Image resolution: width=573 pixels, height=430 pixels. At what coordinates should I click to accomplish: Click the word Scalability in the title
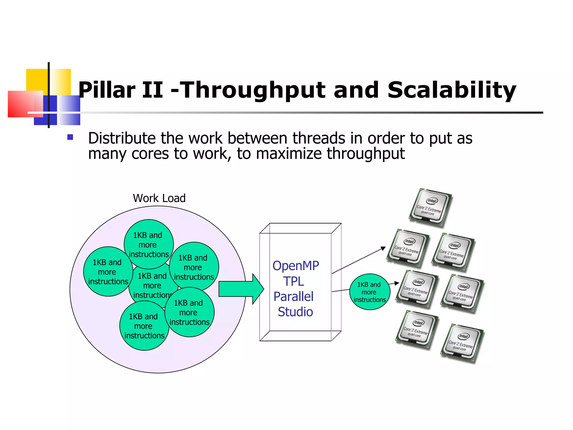click(451, 90)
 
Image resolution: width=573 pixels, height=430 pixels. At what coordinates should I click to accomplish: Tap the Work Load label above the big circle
click(159, 198)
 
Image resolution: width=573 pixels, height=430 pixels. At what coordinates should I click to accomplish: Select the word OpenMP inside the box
click(296, 266)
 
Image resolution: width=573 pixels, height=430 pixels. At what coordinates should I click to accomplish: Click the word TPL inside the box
click(293, 281)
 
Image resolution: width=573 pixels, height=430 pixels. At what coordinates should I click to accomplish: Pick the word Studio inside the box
click(295, 312)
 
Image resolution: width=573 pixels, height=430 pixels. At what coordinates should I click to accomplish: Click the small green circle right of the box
click(369, 292)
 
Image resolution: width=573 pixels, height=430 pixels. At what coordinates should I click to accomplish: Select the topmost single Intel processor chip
click(430, 207)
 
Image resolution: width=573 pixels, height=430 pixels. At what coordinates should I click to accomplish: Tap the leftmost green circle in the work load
click(108, 272)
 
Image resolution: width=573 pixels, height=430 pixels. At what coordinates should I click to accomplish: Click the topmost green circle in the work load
click(149, 244)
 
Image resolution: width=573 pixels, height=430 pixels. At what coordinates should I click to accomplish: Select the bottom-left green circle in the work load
click(144, 326)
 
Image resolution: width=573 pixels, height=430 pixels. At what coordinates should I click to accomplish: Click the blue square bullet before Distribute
click(70, 137)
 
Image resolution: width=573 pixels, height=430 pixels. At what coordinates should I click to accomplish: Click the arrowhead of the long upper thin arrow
click(384, 248)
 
